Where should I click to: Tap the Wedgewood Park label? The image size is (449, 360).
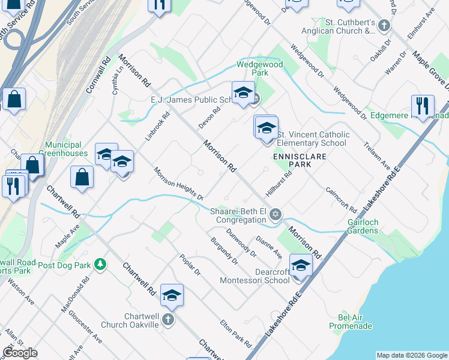[x=260, y=68]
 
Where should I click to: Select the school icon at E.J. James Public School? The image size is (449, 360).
[x=243, y=92]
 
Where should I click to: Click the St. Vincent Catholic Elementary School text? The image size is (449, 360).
[x=312, y=139]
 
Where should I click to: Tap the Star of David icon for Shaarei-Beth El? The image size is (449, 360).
[x=276, y=215]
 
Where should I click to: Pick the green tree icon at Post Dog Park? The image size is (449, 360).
[x=101, y=264]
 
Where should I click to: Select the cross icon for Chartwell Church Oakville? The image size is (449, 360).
[x=169, y=320]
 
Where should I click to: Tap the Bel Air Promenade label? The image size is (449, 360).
[x=351, y=321]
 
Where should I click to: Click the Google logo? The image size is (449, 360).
[x=20, y=353]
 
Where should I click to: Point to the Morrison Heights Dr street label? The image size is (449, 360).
[x=179, y=184]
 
